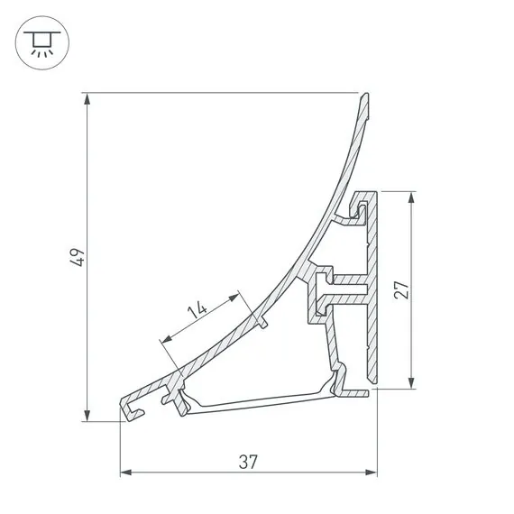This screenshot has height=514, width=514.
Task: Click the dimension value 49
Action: (x=79, y=257)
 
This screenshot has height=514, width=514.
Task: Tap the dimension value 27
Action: (x=402, y=290)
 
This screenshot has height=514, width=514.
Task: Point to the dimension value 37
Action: (x=249, y=461)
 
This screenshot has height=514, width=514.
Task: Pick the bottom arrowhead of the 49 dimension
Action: (x=87, y=414)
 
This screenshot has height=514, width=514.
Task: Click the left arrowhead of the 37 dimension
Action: (x=126, y=472)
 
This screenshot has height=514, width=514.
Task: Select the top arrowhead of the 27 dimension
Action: (x=412, y=197)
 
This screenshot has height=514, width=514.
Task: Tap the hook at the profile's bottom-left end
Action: (x=131, y=409)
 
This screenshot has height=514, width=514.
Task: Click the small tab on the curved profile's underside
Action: (x=263, y=321)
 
